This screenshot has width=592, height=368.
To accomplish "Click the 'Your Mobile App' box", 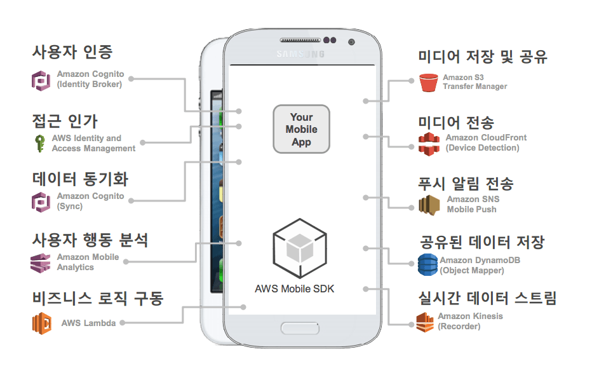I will [301, 129].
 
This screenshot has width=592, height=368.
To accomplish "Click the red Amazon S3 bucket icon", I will [429, 82].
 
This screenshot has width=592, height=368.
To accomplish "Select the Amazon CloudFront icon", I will [429, 143].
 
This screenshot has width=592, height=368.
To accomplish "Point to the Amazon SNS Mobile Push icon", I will [429, 205].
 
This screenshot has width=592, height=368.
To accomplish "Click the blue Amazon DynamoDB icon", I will [427, 264].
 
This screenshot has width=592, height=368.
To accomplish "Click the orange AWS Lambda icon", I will [42, 323].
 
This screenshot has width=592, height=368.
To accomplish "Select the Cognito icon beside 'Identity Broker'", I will [41, 80].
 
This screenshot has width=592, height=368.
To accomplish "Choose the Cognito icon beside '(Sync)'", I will [41, 201].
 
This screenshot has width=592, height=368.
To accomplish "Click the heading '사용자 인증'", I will [72, 51].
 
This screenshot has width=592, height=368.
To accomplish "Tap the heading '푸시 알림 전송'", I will [466, 184].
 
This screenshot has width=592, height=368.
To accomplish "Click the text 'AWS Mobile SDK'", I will [294, 289].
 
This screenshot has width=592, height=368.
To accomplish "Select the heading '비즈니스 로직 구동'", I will [97, 297].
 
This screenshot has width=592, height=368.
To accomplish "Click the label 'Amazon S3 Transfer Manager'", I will [474, 82].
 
